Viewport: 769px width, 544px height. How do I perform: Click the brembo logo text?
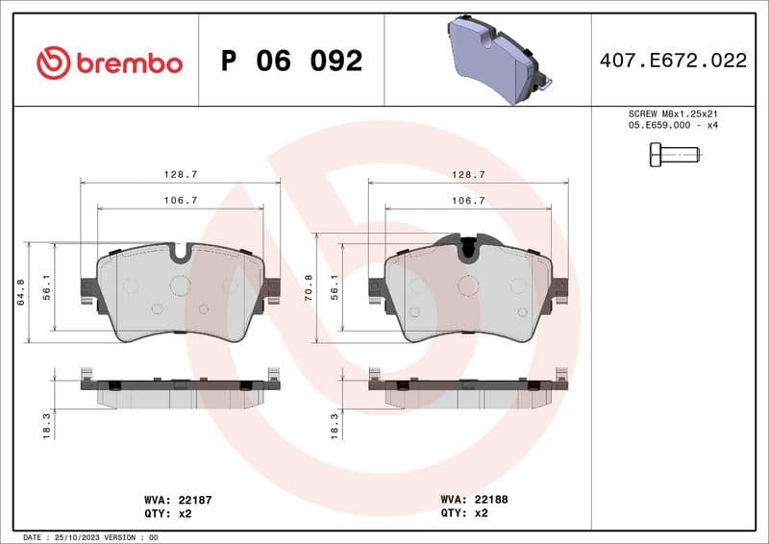128,62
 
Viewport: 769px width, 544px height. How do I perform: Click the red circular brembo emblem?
54,62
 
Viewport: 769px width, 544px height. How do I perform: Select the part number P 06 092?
291,61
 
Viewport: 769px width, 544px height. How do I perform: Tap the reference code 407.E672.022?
673,61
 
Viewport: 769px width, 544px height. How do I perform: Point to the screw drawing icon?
675,153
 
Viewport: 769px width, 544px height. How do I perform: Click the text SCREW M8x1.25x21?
673,113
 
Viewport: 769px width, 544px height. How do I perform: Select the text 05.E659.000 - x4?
673,126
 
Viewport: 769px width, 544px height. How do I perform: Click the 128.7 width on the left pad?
180,174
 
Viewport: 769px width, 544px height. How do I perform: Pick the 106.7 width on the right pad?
468,200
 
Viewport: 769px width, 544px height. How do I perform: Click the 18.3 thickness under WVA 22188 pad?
335,424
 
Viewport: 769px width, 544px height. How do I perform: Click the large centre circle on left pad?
180,284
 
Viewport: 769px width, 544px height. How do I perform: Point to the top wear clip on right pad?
468,246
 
